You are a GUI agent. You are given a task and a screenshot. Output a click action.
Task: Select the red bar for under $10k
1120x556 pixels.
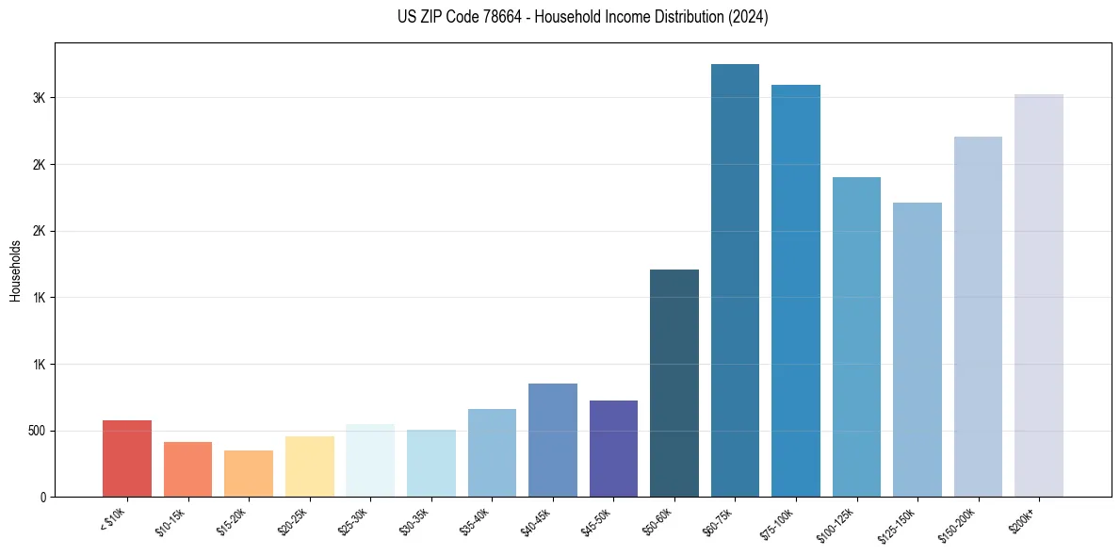[127, 459]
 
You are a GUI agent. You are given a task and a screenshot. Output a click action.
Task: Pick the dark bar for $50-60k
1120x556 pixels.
[674, 383]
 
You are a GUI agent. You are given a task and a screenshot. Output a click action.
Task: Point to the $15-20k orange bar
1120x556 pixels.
[249, 474]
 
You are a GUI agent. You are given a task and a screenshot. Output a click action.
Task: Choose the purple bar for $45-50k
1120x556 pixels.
[613, 449]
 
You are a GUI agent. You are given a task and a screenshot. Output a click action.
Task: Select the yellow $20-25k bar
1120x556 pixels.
[310, 466]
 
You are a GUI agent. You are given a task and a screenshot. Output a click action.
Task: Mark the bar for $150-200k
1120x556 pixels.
[978, 317]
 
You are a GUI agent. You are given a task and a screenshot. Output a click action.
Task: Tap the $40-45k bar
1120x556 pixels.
[553, 440]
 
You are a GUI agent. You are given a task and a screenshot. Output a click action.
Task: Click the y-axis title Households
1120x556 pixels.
[15, 270]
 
